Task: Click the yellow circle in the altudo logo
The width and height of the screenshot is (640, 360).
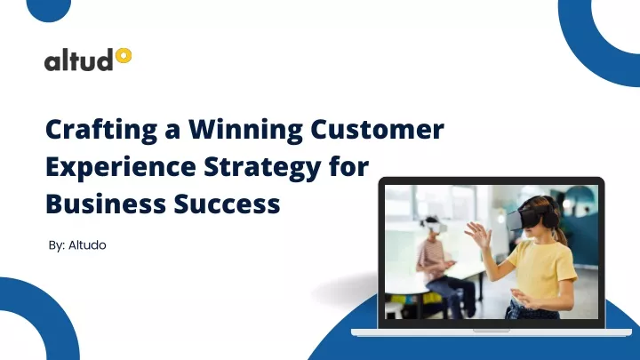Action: pos(124,56)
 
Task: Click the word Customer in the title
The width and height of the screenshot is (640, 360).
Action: pos(377,131)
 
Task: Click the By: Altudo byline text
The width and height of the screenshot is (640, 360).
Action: pos(77,244)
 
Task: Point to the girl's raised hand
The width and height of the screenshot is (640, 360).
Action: pos(479,235)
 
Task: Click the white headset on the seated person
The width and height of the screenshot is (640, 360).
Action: pos(433,227)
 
